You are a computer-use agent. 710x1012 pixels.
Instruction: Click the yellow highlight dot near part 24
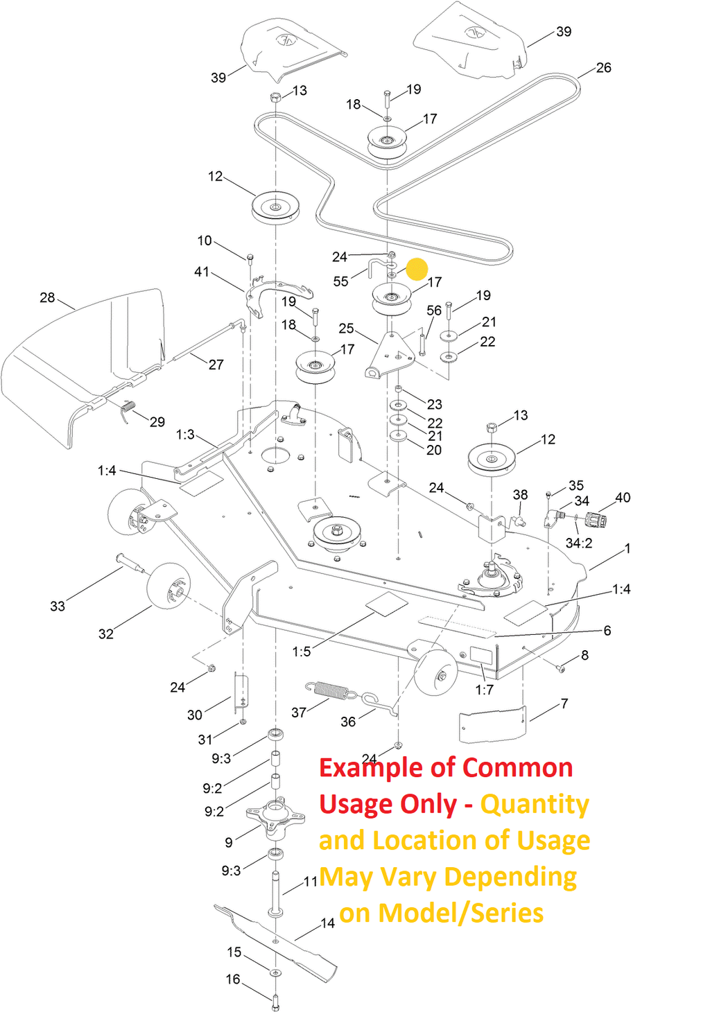(x=417, y=269)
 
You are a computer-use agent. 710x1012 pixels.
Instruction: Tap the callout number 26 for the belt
(x=603, y=68)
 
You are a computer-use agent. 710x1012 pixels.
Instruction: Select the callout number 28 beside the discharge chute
(x=47, y=297)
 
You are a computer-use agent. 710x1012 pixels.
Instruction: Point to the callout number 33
(x=58, y=607)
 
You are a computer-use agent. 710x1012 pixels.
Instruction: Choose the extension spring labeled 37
(x=329, y=690)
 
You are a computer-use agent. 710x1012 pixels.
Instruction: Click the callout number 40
(x=623, y=498)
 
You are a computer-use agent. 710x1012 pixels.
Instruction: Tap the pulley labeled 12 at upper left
(x=275, y=207)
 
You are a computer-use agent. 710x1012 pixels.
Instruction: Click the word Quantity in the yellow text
(x=535, y=805)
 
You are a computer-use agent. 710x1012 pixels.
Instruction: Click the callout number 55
(x=340, y=281)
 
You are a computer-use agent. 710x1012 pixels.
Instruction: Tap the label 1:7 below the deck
(x=484, y=690)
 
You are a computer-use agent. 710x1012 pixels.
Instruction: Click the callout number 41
(x=202, y=272)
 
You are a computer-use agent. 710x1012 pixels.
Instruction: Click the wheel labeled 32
(x=168, y=586)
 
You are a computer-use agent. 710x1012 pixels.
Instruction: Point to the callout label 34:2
(x=579, y=543)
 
